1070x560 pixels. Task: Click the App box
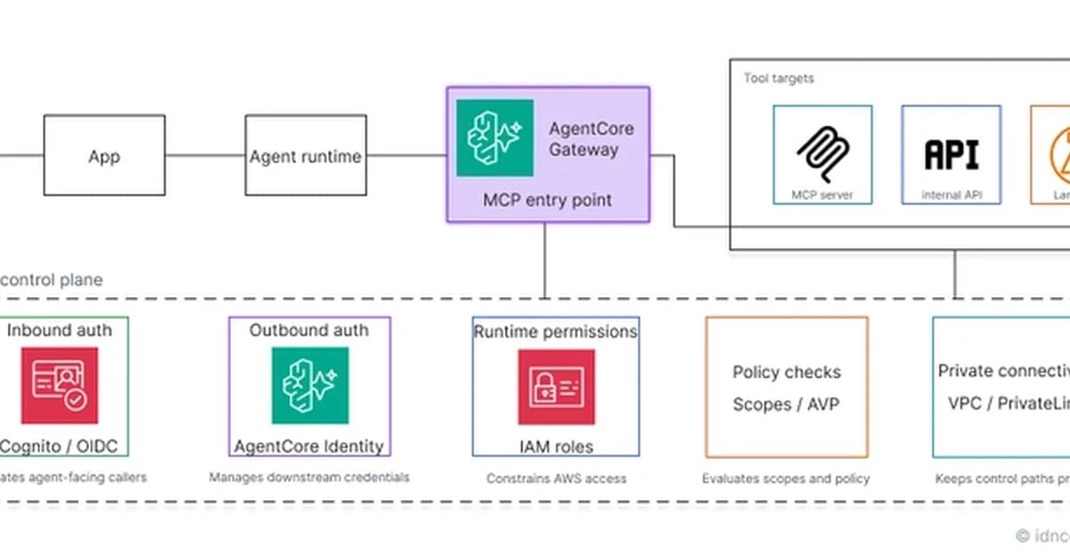pyautogui.click(x=104, y=155)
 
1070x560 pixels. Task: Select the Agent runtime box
pyautogui.click(x=306, y=155)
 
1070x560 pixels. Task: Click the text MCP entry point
pyautogui.click(x=547, y=200)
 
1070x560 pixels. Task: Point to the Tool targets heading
pyautogui.click(x=778, y=78)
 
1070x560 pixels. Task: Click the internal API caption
pyautogui.click(x=951, y=194)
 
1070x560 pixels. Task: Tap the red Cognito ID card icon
pyautogui.click(x=60, y=385)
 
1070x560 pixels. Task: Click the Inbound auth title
pyautogui.click(x=60, y=330)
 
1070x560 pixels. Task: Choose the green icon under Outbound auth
pyautogui.click(x=310, y=385)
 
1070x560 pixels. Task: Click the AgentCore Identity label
pyautogui.click(x=309, y=446)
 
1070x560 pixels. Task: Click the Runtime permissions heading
pyautogui.click(x=555, y=332)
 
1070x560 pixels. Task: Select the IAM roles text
pyautogui.click(x=556, y=446)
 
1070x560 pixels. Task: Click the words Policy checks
pyautogui.click(x=786, y=372)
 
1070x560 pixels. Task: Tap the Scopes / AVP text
pyautogui.click(x=786, y=405)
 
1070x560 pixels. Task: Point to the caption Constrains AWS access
pyautogui.click(x=556, y=479)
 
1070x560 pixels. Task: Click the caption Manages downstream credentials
pyautogui.click(x=309, y=477)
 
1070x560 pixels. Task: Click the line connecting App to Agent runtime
pyautogui.click(x=205, y=155)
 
